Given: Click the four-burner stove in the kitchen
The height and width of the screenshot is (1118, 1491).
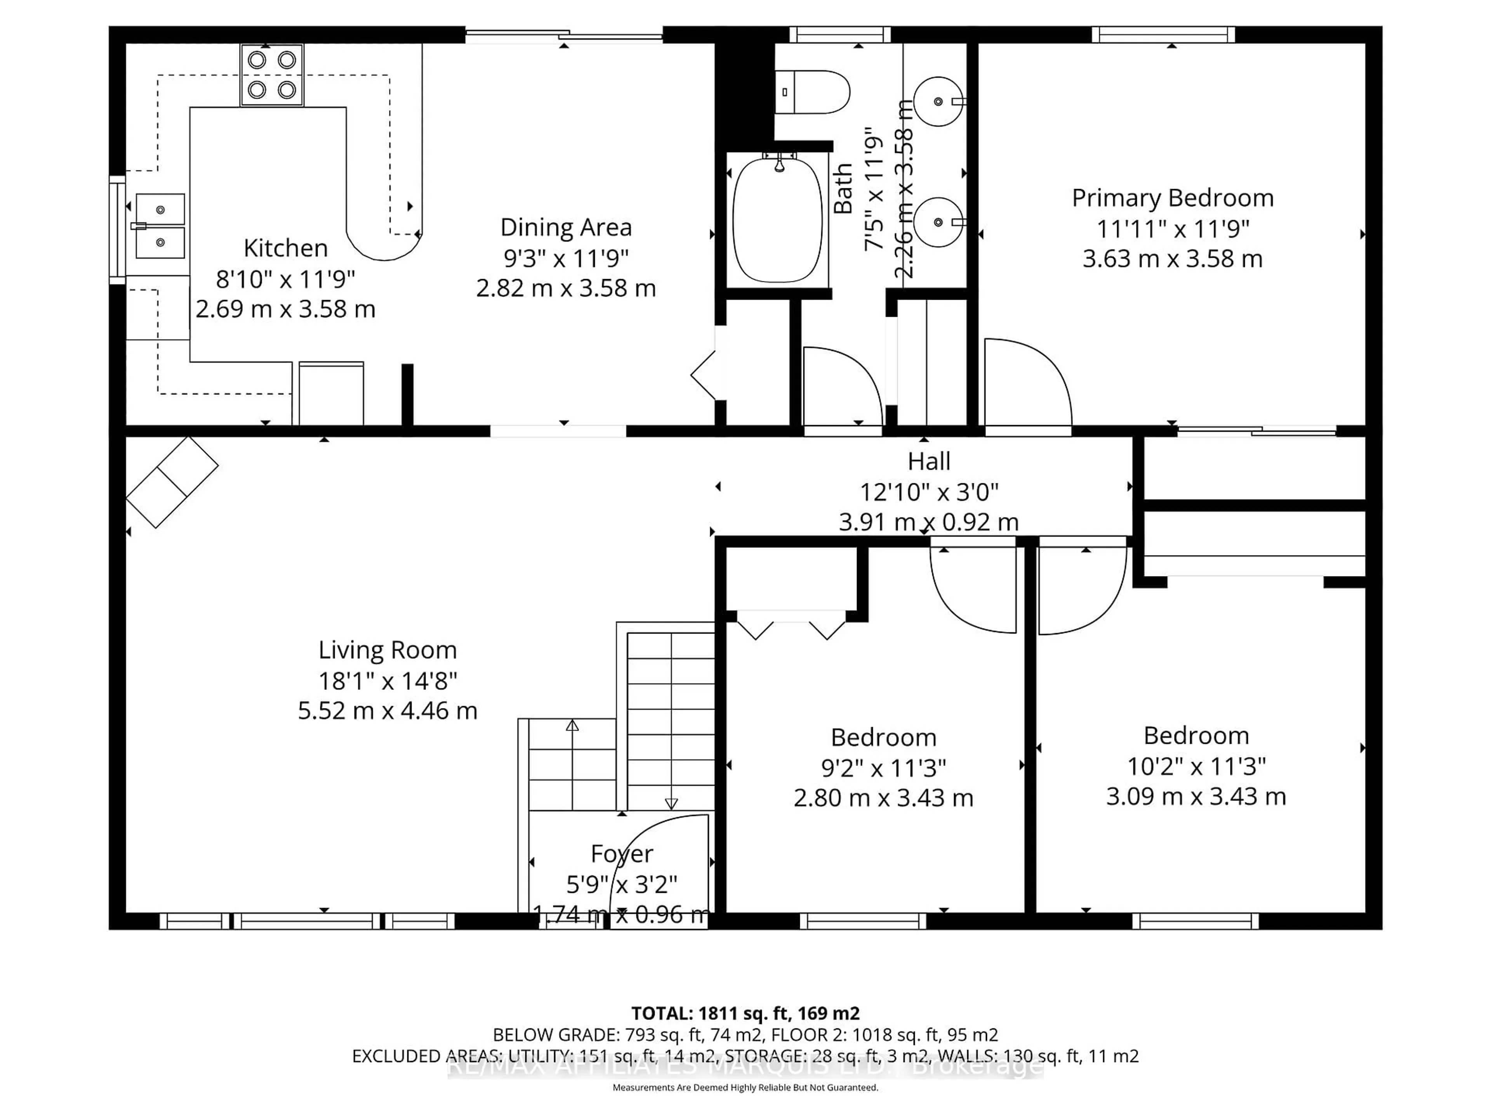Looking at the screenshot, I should [272, 75].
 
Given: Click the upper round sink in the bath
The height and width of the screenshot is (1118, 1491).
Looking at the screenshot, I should [938, 102].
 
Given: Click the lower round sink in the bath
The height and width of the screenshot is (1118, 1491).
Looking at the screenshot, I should [938, 222].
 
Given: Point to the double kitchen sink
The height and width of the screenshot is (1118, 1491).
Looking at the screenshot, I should [160, 226].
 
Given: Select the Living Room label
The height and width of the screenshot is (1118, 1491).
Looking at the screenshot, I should [388, 650].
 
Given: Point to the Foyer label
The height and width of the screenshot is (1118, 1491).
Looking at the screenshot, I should [622, 854].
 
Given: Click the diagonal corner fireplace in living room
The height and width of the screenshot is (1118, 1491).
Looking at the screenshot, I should [172, 482].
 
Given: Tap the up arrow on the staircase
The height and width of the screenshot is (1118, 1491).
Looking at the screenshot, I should [572, 726].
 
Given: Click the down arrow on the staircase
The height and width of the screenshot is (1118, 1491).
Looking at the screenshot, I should [671, 803].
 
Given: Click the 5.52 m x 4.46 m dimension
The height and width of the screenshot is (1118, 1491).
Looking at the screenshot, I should [388, 711].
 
